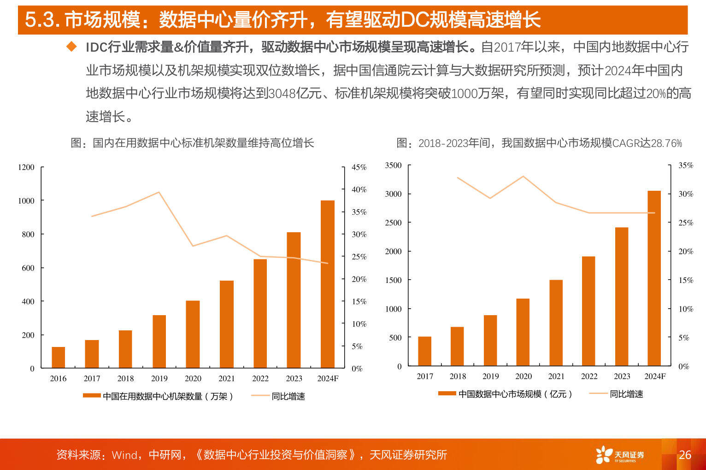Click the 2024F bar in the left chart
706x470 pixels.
click(327, 284)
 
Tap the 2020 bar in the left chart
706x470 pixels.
click(193, 334)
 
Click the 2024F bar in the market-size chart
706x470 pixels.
click(654, 278)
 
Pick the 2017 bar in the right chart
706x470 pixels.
click(424, 351)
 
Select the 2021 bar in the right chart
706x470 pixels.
click(556, 323)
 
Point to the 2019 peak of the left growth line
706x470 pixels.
click(159, 192)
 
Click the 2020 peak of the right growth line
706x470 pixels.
click(523, 176)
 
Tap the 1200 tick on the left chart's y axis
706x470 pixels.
click(26, 167)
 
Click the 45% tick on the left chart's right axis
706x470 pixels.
click(359, 167)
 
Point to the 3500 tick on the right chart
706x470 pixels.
click(393, 165)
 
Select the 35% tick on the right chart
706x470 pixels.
click(686, 165)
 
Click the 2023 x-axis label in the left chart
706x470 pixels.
click(294, 378)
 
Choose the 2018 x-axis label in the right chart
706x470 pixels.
click(458, 376)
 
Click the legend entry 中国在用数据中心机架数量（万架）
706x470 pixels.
click(158, 396)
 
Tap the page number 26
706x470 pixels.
click(685, 455)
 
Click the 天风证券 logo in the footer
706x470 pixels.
click(620, 455)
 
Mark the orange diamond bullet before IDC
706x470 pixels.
click(71, 46)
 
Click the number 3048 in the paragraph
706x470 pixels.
click(282, 94)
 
